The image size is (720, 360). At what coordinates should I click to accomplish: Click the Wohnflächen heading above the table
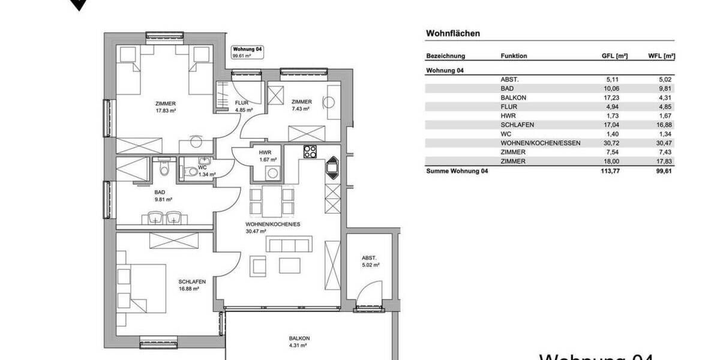coord(453,34)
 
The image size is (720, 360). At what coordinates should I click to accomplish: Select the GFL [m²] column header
coord(614,56)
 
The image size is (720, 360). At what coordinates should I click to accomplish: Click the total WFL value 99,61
coord(665,171)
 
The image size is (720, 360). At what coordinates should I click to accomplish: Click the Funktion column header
coord(514,56)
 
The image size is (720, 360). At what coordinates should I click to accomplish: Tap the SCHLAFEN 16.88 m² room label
coord(192,284)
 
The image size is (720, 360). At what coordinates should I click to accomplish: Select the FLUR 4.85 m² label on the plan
coord(243,107)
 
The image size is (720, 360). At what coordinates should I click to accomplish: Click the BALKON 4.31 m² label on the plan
coord(298,342)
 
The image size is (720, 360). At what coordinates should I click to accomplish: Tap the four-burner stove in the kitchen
coord(310,152)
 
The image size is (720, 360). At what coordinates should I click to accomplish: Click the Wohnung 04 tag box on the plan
coord(248,52)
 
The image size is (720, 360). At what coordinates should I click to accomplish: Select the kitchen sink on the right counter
coord(331,167)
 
